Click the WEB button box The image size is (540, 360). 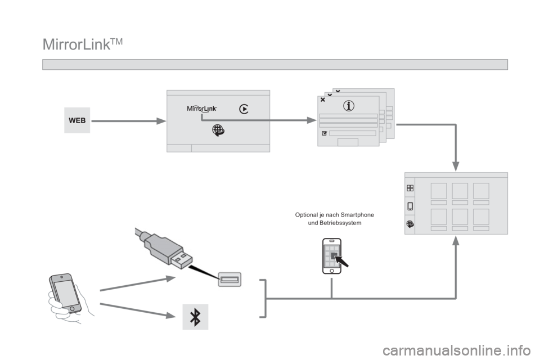tap(77, 120)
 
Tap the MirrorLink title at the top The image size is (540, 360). tap(83, 44)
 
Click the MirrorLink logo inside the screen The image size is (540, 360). tap(202, 109)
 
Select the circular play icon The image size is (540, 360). tap(244, 109)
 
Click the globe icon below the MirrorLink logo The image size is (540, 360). tap(218, 130)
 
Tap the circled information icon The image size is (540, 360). tap(349, 106)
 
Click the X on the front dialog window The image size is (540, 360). tap(323, 100)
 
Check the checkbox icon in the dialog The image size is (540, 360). tap(324, 133)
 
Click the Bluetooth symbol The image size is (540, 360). tap(195, 317)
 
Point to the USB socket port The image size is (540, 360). tap(229, 280)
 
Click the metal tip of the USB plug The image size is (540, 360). tap(182, 260)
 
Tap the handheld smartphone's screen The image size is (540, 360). tap(66, 292)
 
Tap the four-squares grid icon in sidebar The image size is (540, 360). tap(410, 188)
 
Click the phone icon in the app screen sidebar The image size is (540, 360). tap(410, 206)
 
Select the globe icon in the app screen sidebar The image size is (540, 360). tap(410, 224)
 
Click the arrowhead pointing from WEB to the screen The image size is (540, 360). tap(161, 121)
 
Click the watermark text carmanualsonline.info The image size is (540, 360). tap(457, 351)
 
